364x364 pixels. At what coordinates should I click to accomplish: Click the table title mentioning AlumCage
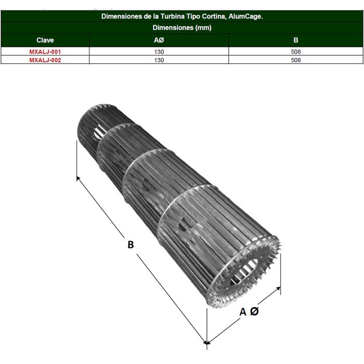[x=181, y=17]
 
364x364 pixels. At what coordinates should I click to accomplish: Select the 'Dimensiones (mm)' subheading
[x=181, y=28]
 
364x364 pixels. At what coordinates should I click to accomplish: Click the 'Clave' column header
[x=45, y=40]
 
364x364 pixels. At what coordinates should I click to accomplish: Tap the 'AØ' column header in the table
[x=159, y=40]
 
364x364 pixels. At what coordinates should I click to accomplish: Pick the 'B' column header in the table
[x=295, y=40]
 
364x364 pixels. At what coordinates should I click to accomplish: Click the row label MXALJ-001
[x=45, y=52]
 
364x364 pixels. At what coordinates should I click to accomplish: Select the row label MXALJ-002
[x=45, y=60]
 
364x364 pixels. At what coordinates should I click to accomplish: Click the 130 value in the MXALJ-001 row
[x=159, y=52]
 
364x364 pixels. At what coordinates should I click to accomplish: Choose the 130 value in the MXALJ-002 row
[x=159, y=60]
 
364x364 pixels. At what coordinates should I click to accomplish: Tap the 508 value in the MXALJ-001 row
[x=296, y=52]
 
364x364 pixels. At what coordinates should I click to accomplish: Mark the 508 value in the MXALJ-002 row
[x=296, y=60]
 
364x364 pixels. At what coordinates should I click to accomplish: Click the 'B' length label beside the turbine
[x=131, y=244]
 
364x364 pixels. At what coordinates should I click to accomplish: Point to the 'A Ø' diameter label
[x=249, y=311]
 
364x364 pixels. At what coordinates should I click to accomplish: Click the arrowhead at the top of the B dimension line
[x=78, y=178]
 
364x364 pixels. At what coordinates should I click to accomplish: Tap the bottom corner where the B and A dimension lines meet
[x=206, y=343]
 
